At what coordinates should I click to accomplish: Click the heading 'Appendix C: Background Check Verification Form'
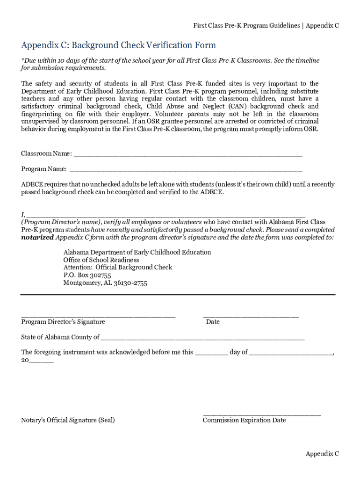[x=118, y=45]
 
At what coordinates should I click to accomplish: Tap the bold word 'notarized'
[x=37, y=237]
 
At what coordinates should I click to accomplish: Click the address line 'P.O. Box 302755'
[x=87, y=275]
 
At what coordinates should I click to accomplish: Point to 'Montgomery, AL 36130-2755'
[x=105, y=283]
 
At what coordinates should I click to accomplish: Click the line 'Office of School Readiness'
[x=101, y=260]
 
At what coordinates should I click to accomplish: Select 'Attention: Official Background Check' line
[x=118, y=268]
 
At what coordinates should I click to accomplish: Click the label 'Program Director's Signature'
[x=63, y=322]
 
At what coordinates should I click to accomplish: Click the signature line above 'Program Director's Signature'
[x=98, y=317]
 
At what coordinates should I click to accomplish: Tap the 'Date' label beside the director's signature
[x=213, y=322]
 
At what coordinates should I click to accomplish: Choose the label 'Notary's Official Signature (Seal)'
[x=68, y=420]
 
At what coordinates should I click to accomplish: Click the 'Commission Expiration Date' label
[x=244, y=420]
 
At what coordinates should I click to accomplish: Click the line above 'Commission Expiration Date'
[x=262, y=415]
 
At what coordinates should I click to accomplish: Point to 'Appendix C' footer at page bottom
[x=322, y=454]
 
